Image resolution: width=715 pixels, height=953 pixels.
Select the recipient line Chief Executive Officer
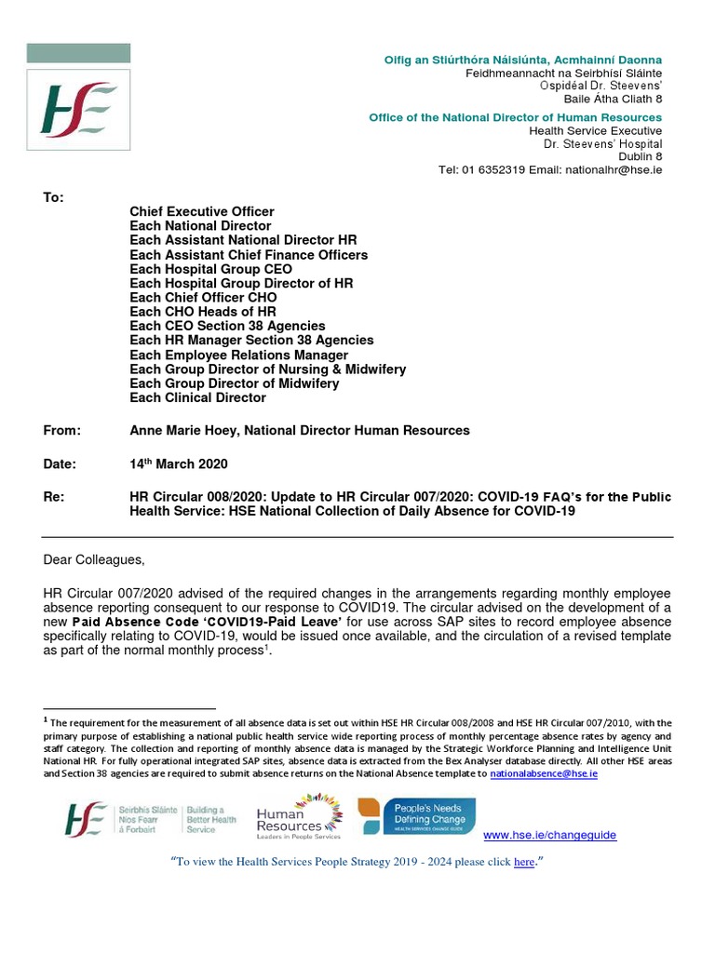coord(201,212)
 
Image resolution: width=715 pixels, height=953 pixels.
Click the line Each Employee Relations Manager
coord(238,355)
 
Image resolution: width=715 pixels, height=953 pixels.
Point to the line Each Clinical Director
coord(197,397)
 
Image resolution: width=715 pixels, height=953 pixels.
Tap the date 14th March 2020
coord(178,463)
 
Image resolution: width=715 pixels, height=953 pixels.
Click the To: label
coord(54,197)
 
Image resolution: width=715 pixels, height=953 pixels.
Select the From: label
coord(62,430)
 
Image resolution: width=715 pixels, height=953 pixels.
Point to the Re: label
coord(54,498)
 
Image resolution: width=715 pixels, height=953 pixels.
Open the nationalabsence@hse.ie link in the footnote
coord(544,773)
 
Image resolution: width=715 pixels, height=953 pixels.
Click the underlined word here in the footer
coord(524,863)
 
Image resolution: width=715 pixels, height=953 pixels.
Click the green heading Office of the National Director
coord(515,117)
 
